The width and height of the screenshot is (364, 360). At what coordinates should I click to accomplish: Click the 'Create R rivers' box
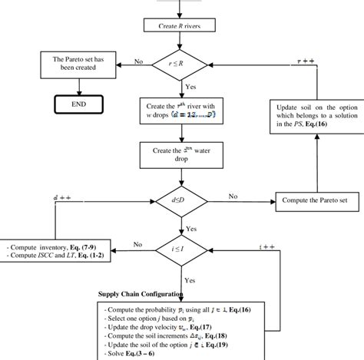click(181, 25)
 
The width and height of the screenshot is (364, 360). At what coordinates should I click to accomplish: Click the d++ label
click(64, 198)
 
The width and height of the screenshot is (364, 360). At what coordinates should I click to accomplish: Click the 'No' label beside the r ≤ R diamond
click(139, 61)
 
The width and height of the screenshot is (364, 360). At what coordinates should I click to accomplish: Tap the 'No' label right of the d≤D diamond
click(233, 196)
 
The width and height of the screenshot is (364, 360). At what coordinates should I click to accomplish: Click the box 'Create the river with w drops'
click(181, 108)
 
